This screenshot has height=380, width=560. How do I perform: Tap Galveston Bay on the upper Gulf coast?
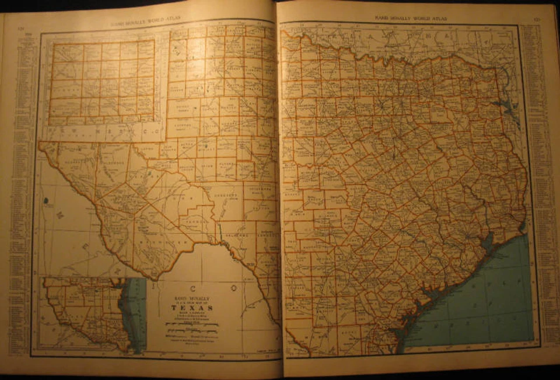point(488,239)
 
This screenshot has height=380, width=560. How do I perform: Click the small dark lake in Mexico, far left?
point(45,200)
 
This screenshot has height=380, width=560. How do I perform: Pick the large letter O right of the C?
point(233,287)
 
